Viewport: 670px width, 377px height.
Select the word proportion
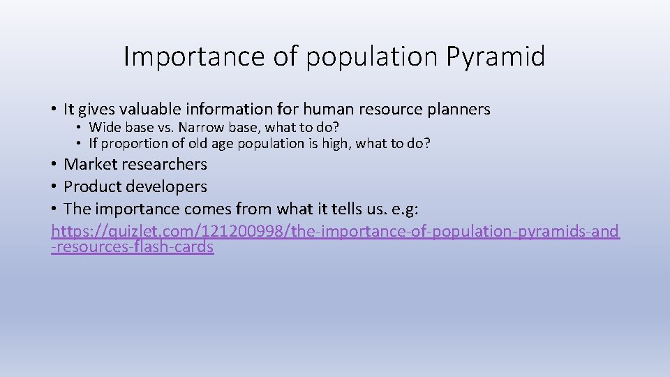[133, 144]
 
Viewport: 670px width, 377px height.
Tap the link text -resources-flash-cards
[133, 247]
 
